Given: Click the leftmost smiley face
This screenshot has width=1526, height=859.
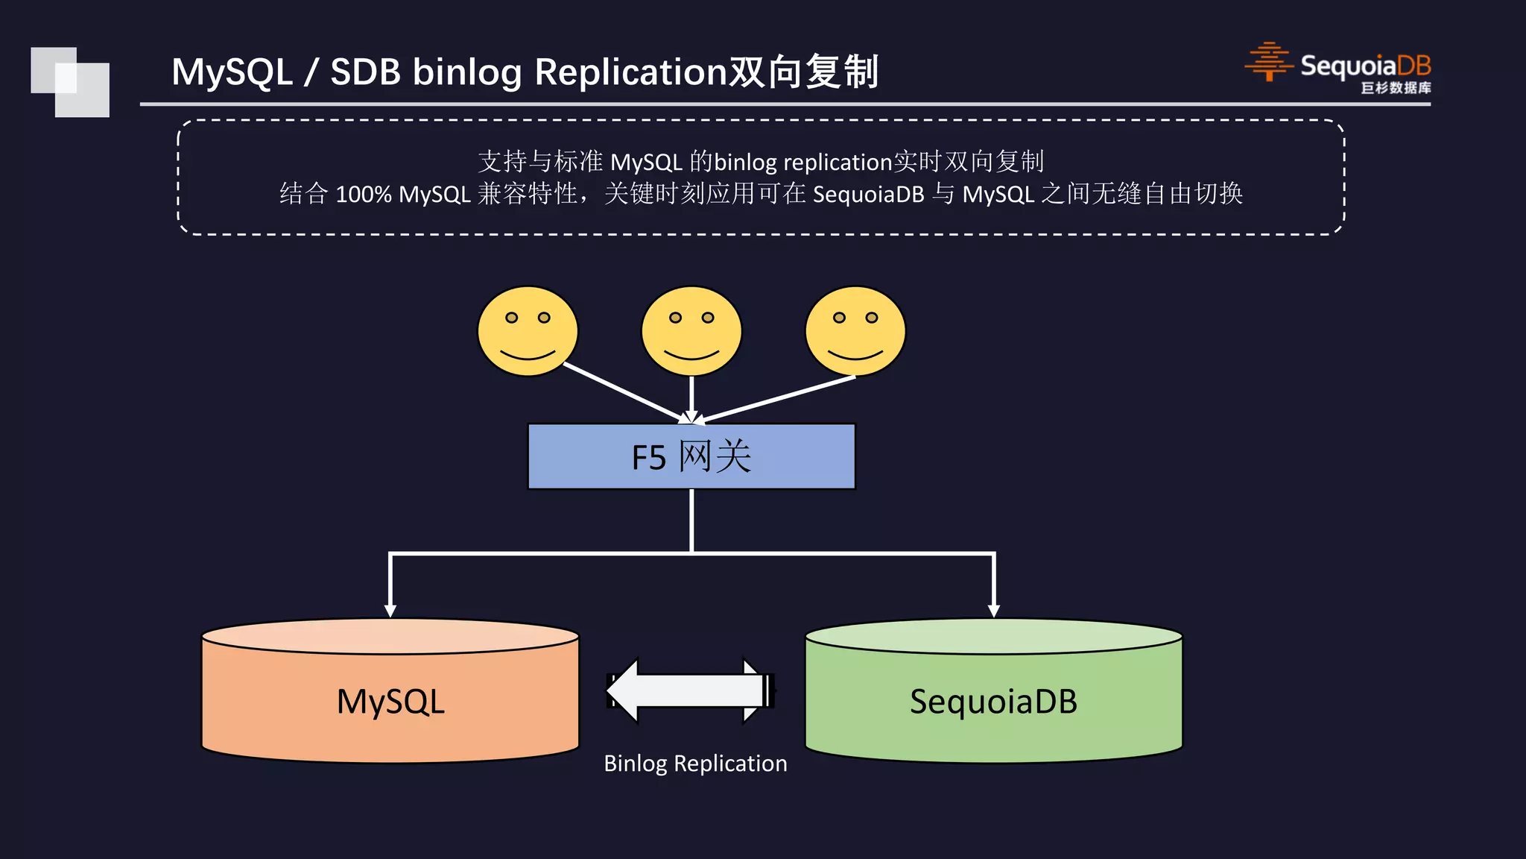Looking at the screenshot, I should [528, 331].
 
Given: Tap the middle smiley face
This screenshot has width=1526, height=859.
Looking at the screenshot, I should [691, 331].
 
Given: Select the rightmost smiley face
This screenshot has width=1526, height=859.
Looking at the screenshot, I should [855, 331].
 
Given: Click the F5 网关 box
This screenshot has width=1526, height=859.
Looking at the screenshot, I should [691, 456].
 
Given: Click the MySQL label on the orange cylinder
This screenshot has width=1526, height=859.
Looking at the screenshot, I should [390, 702].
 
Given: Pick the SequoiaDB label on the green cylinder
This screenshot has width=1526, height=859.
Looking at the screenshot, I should [993, 702].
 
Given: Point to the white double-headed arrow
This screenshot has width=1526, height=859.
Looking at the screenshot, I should [690, 690].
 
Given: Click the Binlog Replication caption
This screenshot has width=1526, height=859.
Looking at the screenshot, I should [695, 764].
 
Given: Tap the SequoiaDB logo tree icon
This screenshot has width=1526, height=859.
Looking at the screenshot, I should [1268, 62].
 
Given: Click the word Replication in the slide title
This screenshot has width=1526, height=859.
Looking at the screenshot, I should [630, 72].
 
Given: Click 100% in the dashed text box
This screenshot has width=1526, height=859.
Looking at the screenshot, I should [363, 195].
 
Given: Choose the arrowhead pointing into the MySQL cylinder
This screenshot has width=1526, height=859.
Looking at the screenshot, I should [390, 610].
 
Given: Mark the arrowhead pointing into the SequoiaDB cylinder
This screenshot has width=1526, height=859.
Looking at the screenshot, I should [993, 610].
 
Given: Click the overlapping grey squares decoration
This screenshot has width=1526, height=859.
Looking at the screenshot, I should [70, 82].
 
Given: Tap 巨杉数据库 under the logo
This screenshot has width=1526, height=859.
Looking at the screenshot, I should [1396, 88].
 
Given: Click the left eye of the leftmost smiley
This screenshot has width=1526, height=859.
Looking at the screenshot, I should [511, 318].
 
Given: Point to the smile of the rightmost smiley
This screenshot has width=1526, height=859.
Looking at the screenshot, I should [855, 353].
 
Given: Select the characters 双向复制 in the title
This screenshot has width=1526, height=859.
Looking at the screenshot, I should [803, 72].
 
